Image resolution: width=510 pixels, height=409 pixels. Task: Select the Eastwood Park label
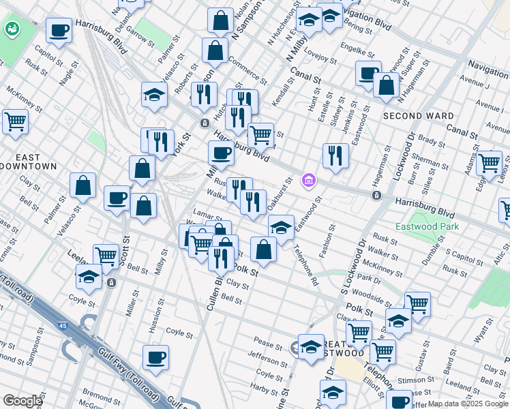click(427, 226)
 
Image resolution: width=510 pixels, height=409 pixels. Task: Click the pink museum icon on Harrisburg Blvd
click(308, 181)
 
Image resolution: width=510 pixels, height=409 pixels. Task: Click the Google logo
click(23, 400)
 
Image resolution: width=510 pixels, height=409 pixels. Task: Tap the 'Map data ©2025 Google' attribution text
click(468, 404)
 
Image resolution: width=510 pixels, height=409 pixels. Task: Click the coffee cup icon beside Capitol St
click(59, 31)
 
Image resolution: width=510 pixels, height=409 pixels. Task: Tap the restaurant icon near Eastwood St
click(335, 155)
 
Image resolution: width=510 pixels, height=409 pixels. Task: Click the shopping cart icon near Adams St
click(489, 163)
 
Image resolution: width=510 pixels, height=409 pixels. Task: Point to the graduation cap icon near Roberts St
click(155, 95)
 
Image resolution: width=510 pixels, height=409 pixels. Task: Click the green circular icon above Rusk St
click(12, 29)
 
